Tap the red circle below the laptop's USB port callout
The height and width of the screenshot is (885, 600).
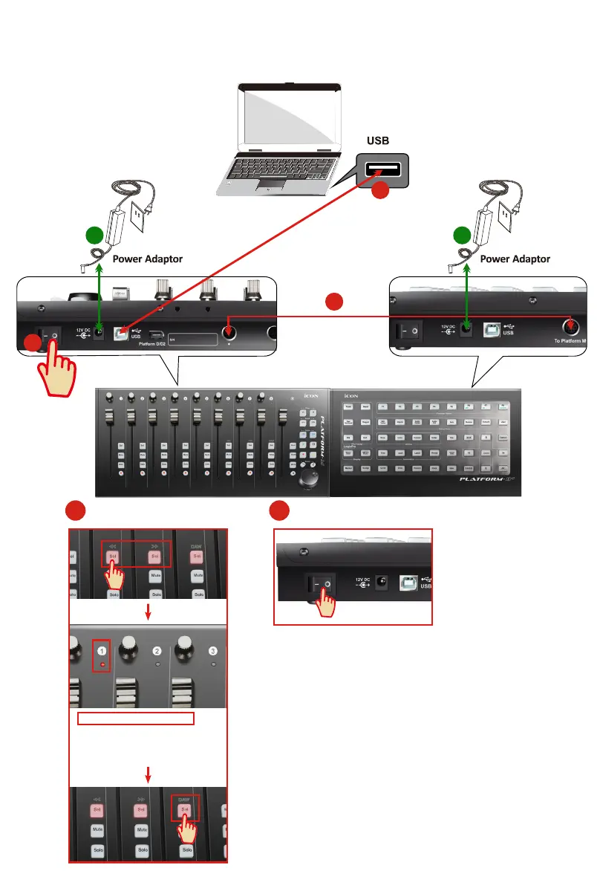[380, 191]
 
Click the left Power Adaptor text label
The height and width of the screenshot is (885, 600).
[147, 259]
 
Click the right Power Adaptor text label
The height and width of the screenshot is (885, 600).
[515, 259]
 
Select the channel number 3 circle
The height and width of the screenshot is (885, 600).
[213, 651]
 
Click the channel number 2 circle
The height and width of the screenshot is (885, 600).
[157, 651]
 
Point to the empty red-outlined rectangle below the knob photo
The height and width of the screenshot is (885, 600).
[136, 718]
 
